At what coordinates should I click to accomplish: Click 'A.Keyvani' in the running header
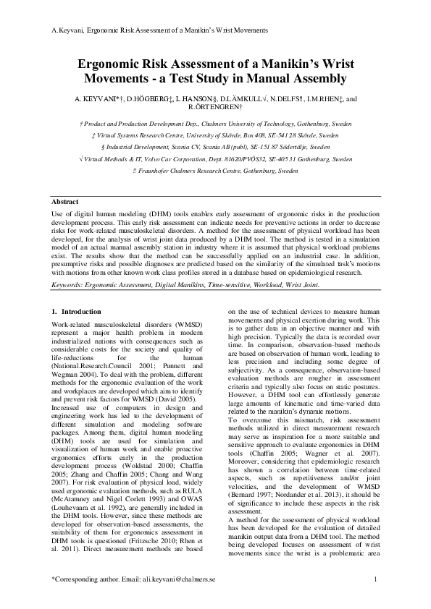pos(62,30)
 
